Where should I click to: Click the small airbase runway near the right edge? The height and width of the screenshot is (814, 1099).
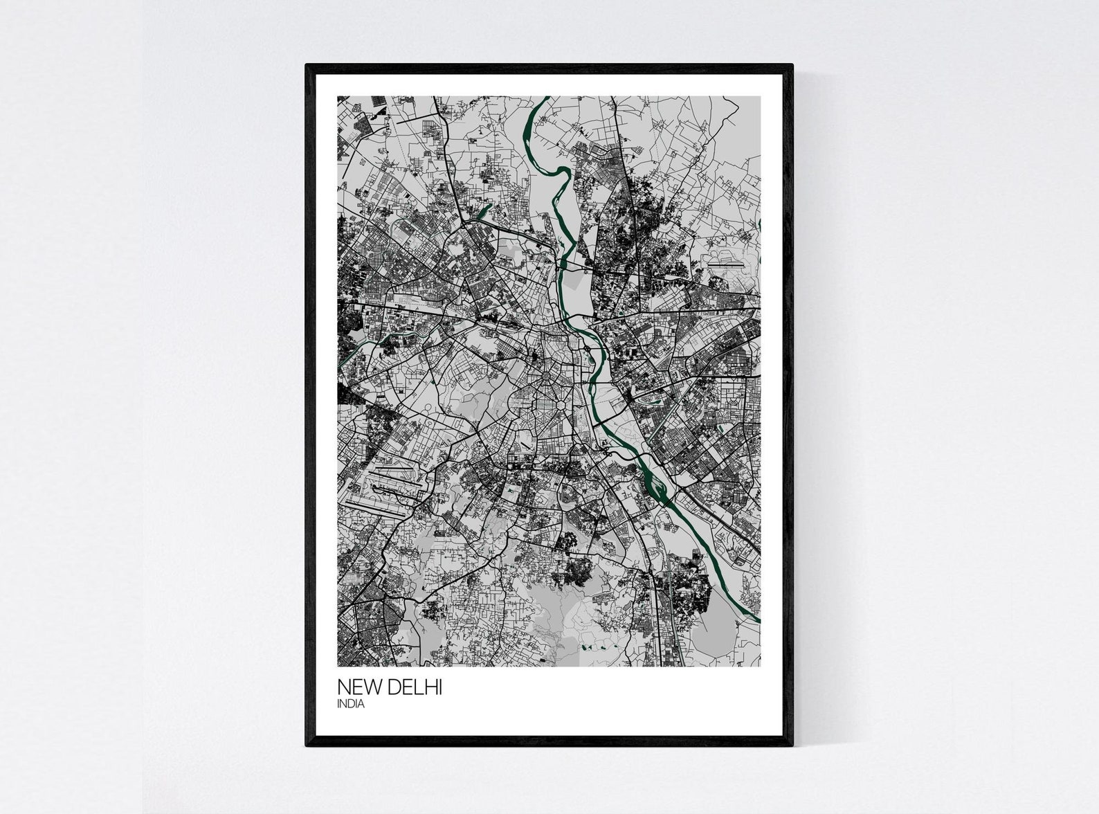tap(723, 264)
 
